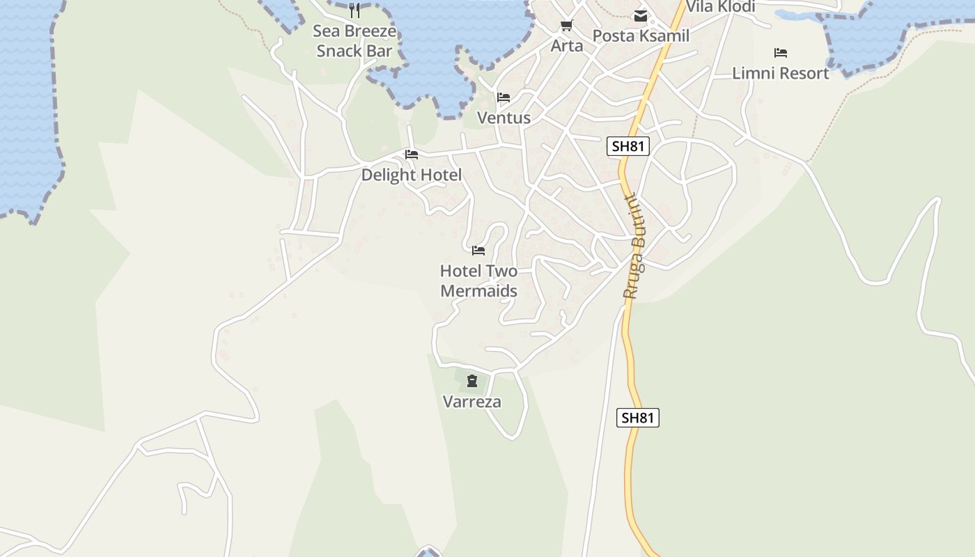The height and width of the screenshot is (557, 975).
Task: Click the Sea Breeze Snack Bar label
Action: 354,41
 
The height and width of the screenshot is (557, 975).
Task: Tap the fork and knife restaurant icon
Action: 354,10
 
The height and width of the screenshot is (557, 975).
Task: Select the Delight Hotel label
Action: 411,175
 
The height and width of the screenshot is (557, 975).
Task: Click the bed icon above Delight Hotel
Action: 412,155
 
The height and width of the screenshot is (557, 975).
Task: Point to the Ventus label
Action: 504,118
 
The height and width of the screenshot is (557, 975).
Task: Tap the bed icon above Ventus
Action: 504,97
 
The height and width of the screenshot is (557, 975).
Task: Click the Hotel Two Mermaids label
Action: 479,281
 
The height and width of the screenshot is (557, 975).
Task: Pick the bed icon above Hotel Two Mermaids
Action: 478,251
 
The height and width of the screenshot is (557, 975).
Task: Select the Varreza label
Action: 472,402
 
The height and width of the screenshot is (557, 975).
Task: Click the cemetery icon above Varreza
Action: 472,381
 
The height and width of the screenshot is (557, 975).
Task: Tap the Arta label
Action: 567,46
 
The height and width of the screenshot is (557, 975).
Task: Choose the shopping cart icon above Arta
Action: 566,26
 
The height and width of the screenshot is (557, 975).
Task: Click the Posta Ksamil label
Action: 641,36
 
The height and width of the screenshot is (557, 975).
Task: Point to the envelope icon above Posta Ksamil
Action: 640,16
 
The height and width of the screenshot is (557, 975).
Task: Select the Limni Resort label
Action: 781,73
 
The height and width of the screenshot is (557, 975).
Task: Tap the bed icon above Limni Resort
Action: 781,53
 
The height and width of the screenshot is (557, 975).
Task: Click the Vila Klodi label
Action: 721,7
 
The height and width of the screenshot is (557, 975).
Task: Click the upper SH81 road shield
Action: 628,146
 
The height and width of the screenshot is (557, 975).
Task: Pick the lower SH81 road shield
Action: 638,418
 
